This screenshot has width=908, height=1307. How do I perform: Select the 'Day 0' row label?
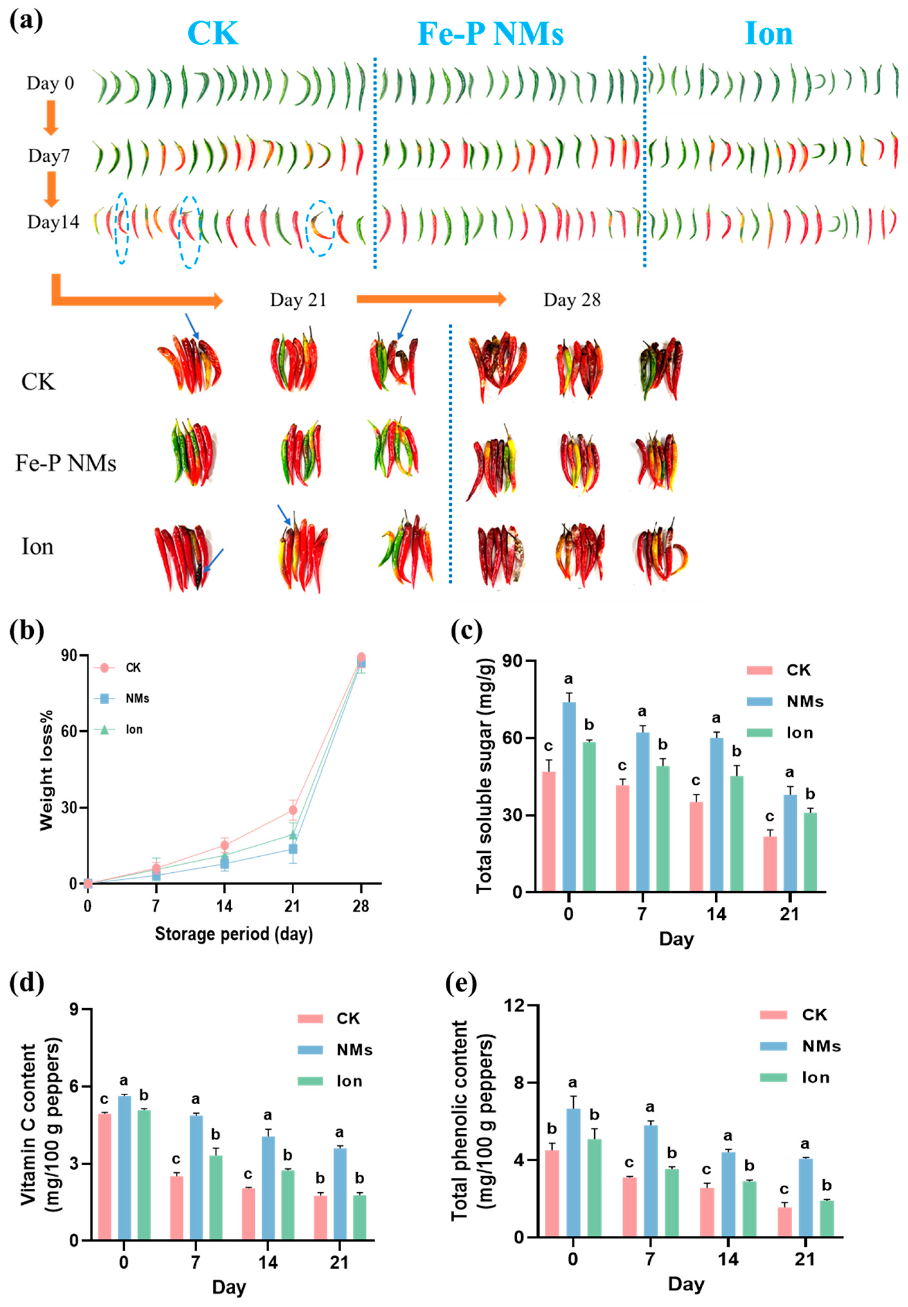50,84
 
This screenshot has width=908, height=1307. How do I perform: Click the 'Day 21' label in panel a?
298,300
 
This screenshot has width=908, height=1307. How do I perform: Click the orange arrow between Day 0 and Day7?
51,117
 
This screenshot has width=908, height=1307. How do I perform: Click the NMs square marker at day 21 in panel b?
292,849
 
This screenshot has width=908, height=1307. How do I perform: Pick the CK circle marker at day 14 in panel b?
224,845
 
